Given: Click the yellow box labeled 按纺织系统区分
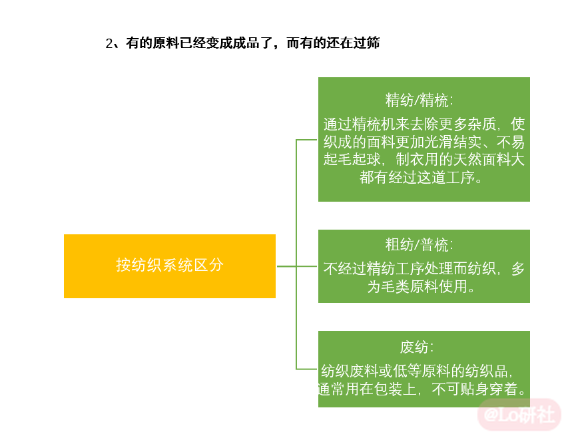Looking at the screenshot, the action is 170,266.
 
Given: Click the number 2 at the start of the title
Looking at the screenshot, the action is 109,43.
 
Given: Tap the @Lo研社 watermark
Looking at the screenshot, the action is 519,415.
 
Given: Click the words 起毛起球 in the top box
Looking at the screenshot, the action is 352,159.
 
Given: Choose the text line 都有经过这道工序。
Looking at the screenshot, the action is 421,177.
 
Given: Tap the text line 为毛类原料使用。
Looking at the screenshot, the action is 421,287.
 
